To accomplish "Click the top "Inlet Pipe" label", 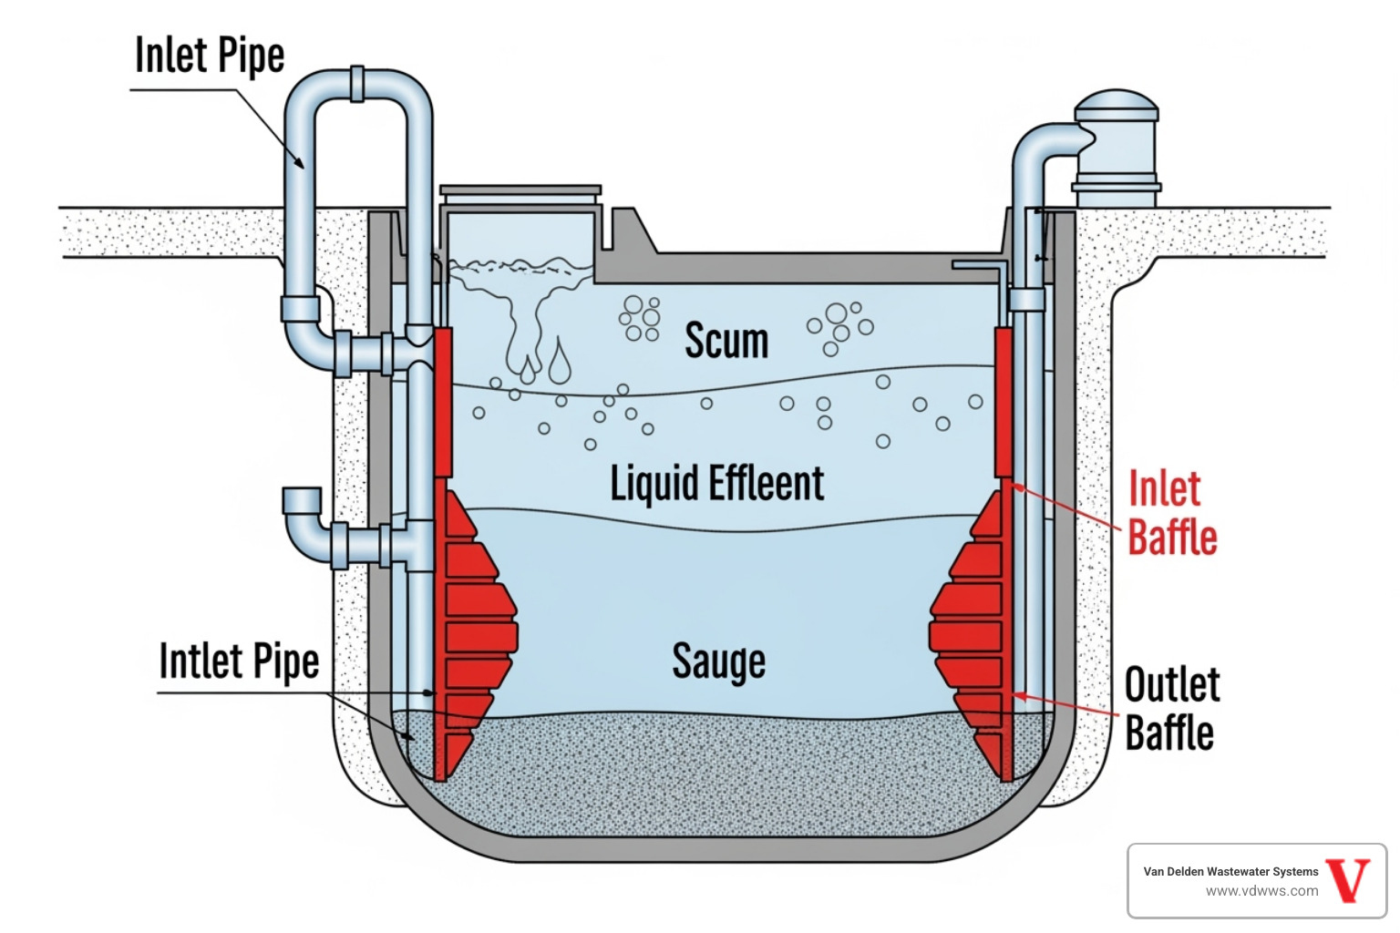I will point(210,56).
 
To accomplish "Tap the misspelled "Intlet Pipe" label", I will point(239,661).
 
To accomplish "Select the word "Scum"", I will point(726,341).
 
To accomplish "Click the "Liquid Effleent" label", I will point(716,483).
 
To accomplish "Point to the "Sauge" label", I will point(718,661).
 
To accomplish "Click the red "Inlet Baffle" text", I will point(1172,513).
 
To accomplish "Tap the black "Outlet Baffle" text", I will point(1171,709).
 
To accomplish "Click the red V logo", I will point(1348,880).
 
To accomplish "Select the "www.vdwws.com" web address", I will point(1261,891).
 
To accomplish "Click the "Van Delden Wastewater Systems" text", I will point(1230,871).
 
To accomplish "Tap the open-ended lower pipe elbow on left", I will point(303,502).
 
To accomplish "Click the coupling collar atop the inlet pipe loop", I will point(356,83).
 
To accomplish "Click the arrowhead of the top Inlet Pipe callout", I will point(300,164).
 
